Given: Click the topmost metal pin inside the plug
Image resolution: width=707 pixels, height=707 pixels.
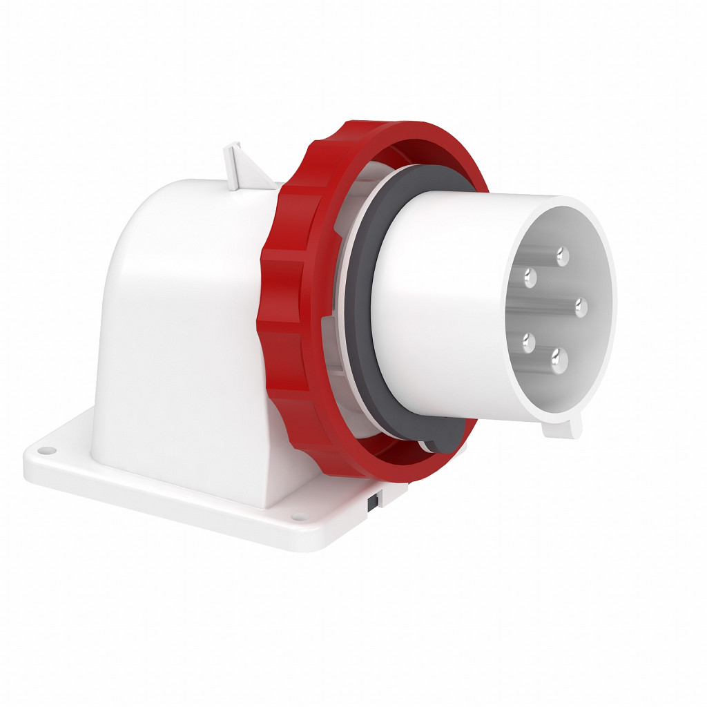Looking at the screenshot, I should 563,257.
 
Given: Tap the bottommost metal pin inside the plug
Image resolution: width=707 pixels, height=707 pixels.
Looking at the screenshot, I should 559,360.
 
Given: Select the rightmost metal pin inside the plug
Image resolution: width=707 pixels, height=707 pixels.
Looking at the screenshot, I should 581,306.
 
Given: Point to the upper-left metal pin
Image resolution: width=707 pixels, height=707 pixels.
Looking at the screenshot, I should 530,278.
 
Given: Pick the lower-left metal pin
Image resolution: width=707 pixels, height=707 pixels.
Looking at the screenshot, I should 529,341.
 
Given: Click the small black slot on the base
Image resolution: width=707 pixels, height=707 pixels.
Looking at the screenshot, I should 372,503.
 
